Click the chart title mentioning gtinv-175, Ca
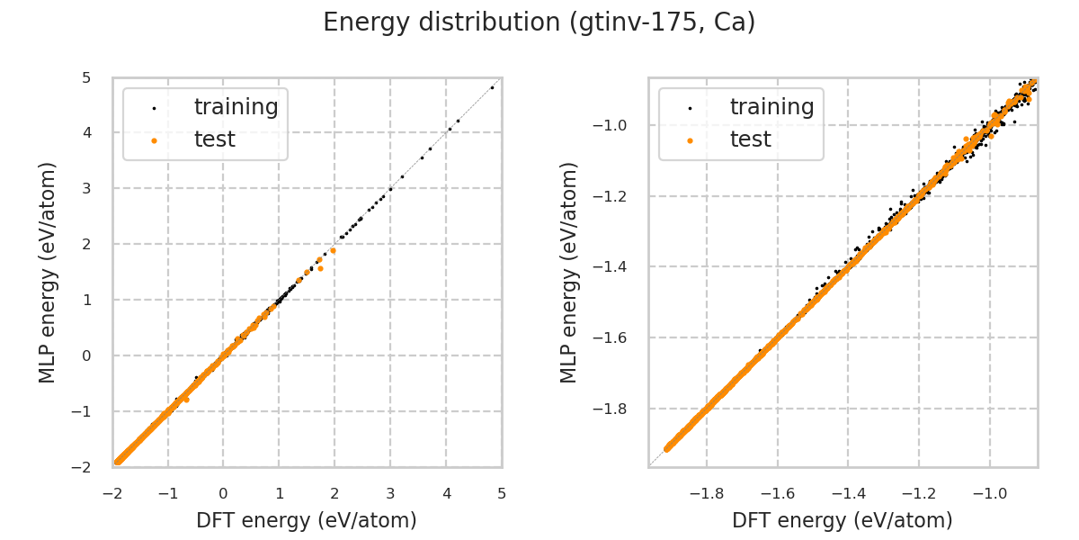click(x=539, y=22)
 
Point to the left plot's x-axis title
click(x=307, y=520)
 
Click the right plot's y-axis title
click(x=569, y=272)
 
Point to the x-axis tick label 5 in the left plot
click(x=502, y=493)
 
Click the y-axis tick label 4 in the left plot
click(x=85, y=132)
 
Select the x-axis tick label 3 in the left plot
click(x=390, y=493)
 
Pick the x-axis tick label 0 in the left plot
click(x=224, y=493)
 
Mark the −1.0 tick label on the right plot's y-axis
click(x=617, y=125)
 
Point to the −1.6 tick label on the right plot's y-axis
click(x=617, y=338)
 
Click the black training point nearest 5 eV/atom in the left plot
click(x=492, y=87)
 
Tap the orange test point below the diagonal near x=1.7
click(x=320, y=268)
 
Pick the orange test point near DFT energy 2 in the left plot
click(x=333, y=250)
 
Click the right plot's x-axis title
click(x=843, y=520)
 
